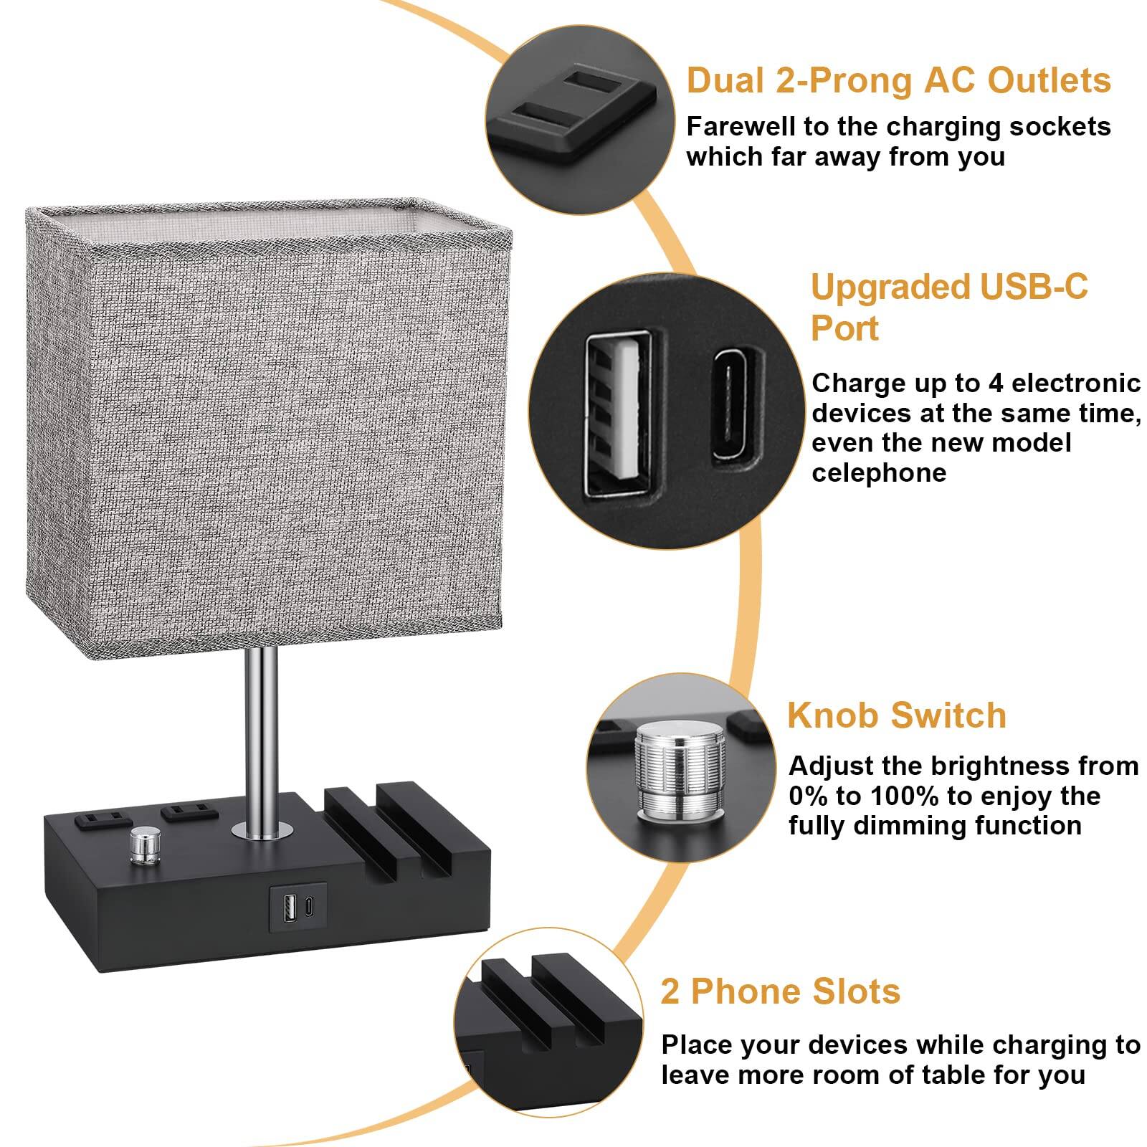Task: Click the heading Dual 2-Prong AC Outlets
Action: pyautogui.click(x=898, y=80)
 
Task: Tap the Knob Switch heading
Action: pyautogui.click(x=897, y=715)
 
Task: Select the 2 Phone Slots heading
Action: pyautogui.click(x=780, y=991)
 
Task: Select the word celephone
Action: pyautogui.click(x=878, y=473)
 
